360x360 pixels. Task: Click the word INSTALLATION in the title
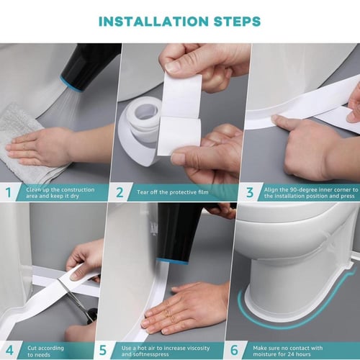click(147, 21)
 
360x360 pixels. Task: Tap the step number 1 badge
click(9, 192)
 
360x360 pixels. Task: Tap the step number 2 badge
click(121, 192)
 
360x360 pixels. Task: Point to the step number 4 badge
click(9, 350)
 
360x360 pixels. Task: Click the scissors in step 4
click(78, 300)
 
